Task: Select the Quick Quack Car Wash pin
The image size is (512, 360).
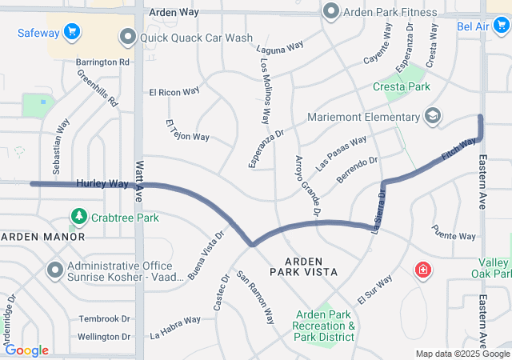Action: (x=126, y=37)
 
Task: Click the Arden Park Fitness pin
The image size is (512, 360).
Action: (x=330, y=12)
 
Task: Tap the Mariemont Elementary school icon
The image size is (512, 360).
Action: (x=433, y=117)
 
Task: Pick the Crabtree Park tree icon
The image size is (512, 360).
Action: (x=78, y=217)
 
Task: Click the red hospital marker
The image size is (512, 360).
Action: (x=422, y=272)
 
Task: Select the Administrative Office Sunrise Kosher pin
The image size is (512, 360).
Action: (x=54, y=270)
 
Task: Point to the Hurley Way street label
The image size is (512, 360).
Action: (x=102, y=184)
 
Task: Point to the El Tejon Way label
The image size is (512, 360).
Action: (x=186, y=132)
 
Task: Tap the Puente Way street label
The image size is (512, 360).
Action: (x=454, y=236)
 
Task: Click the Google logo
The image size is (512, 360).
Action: (x=26, y=350)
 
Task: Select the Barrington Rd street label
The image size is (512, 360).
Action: (x=102, y=62)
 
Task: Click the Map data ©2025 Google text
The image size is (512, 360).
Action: (x=462, y=354)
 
